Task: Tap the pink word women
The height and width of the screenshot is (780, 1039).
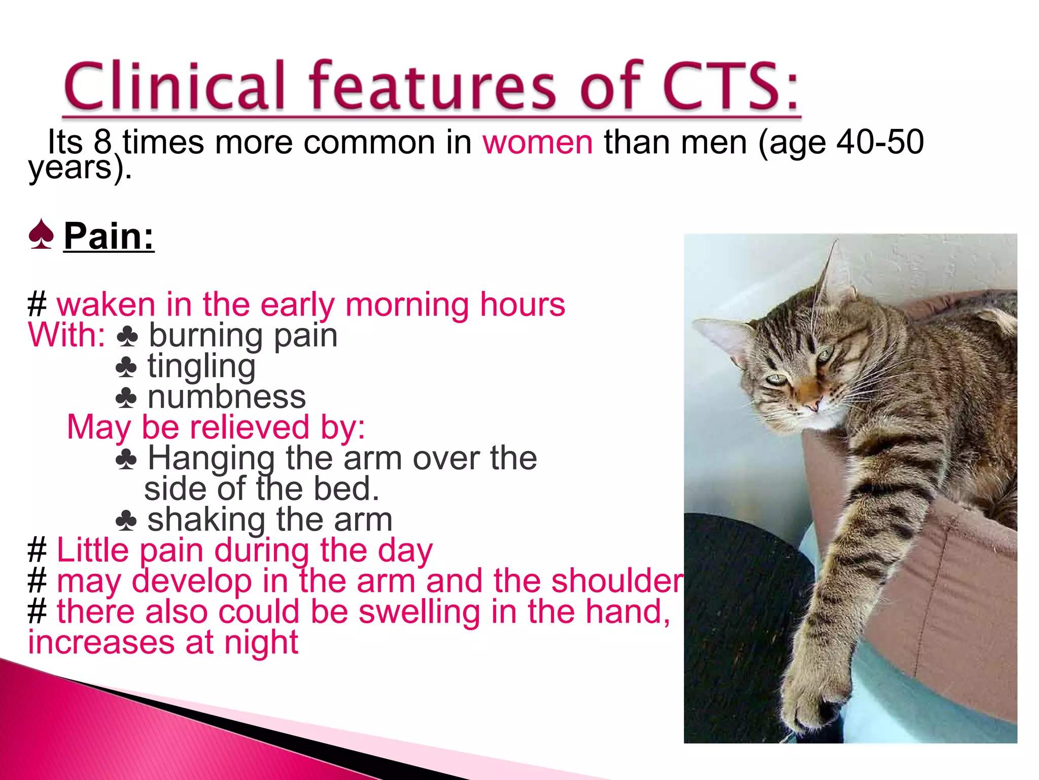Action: point(537,142)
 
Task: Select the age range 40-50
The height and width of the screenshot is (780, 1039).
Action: point(880,142)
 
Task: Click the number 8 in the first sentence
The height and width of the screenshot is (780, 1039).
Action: point(102,142)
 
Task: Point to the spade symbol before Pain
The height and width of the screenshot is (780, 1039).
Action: point(41,235)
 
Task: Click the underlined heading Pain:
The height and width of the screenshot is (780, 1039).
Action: point(109,237)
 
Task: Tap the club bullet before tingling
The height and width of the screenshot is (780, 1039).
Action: point(126,367)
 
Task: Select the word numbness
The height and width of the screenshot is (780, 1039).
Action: point(227,397)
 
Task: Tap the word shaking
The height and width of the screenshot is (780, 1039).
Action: point(206,521)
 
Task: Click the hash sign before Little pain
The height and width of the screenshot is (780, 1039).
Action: point(37,551)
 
